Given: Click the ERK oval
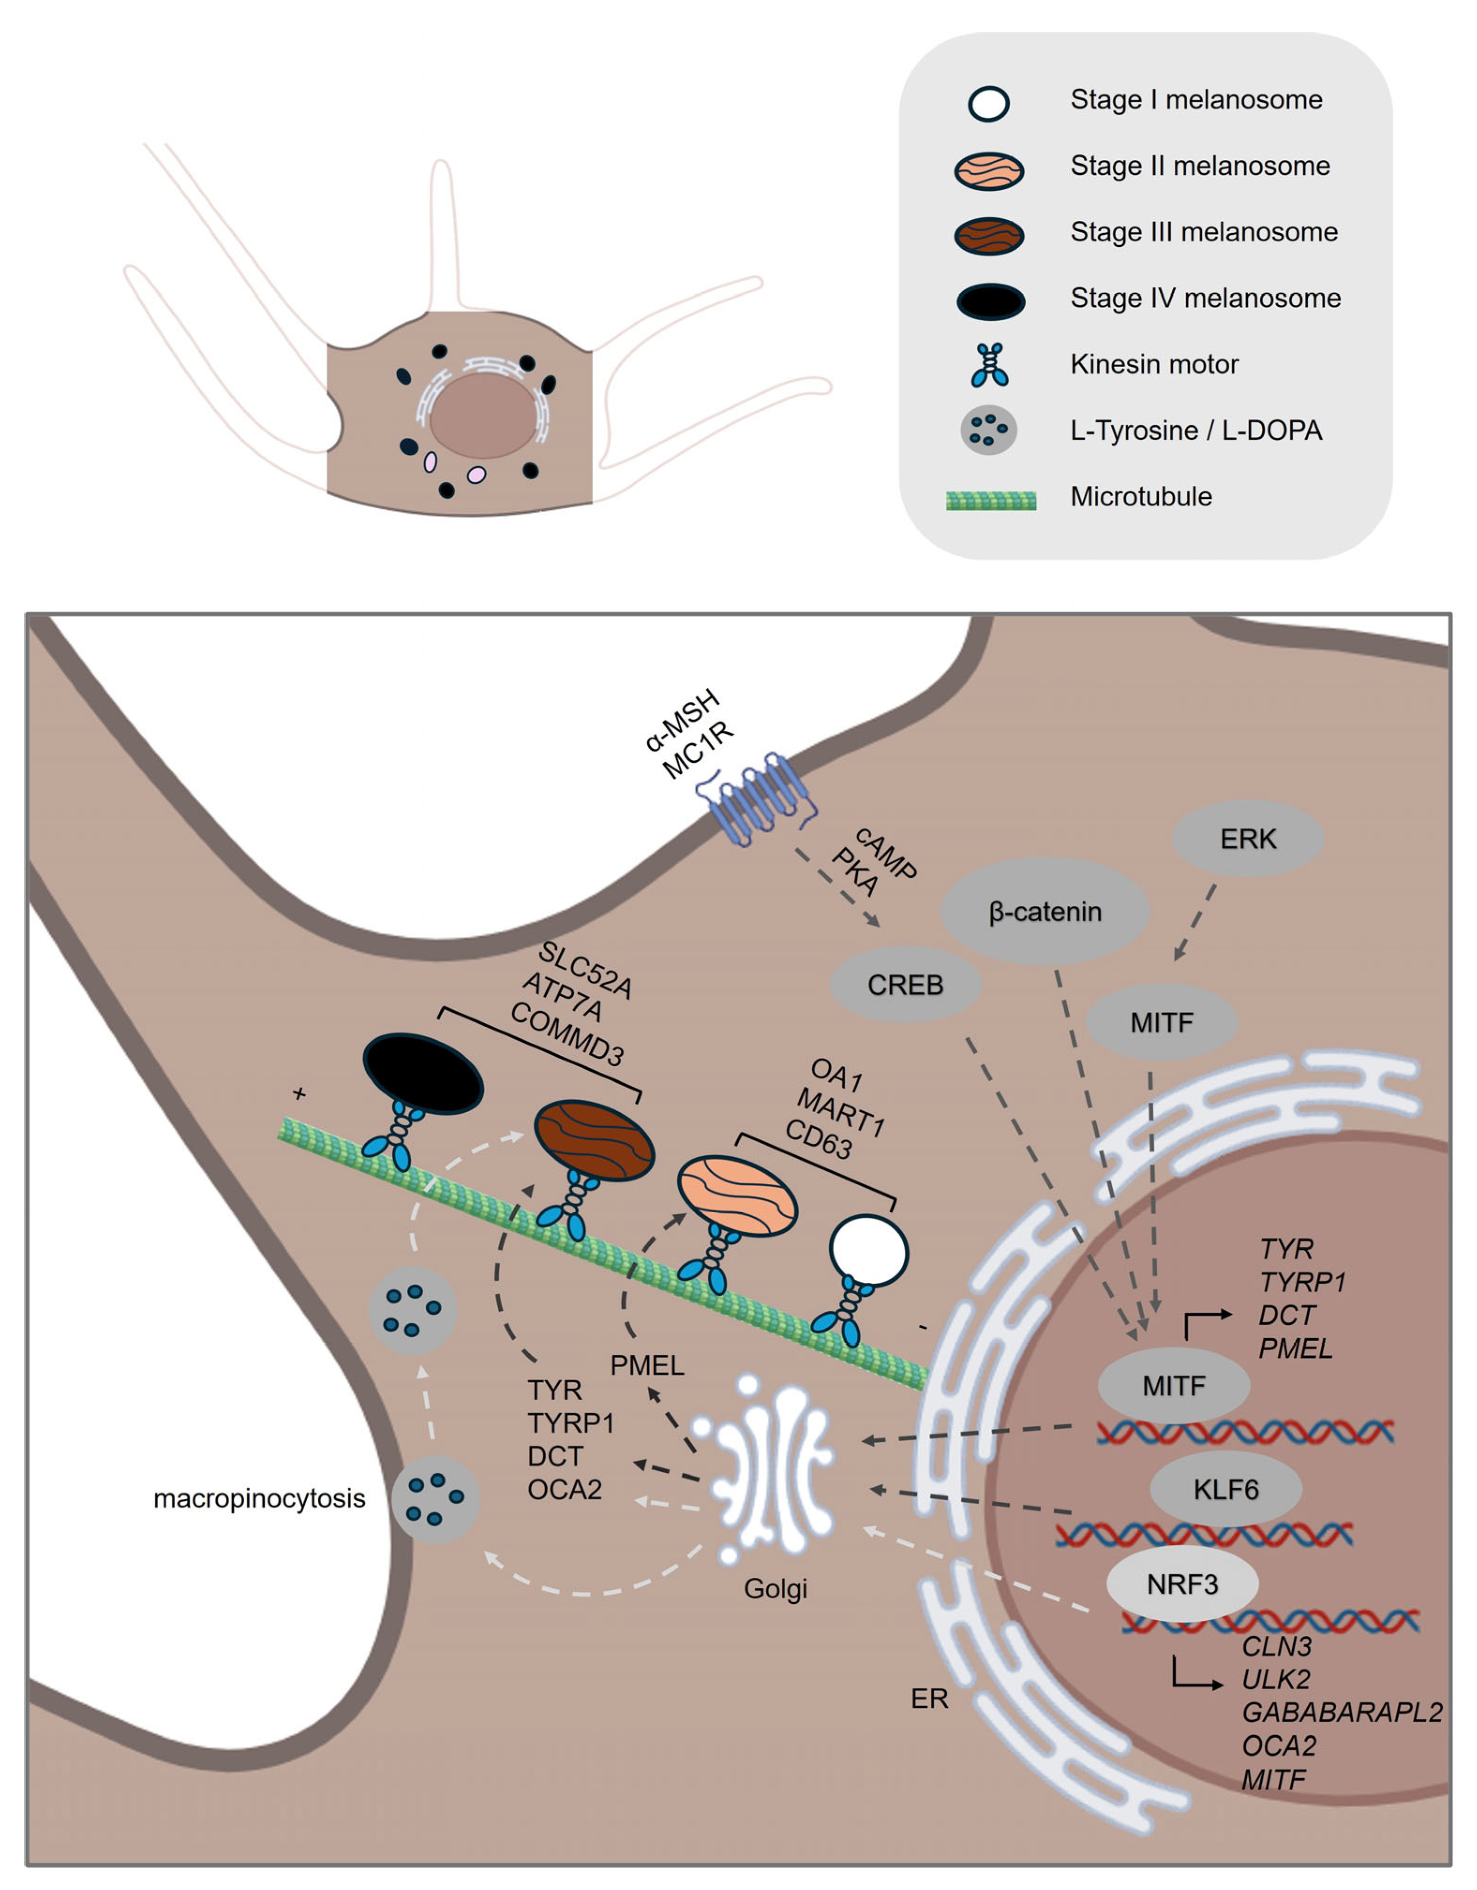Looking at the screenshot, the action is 1248,838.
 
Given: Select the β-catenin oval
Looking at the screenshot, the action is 1045,911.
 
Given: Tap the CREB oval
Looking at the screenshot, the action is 905,985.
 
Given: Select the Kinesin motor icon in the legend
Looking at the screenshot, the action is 989,364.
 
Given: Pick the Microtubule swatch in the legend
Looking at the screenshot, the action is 991,500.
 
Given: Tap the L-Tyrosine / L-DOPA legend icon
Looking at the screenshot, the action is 988,430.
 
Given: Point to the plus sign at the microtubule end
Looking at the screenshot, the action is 300,1094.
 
